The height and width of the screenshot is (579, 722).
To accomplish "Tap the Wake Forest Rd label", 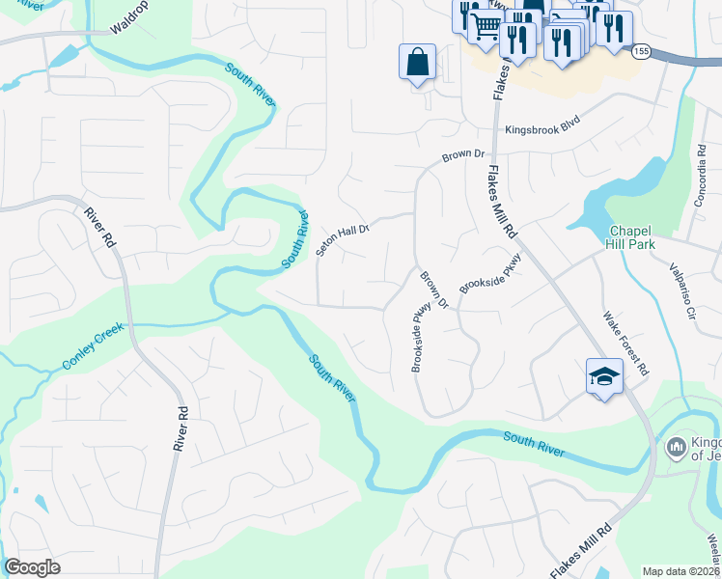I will (x=626, y=342).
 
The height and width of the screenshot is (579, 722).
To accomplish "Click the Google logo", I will (x=32, y=567).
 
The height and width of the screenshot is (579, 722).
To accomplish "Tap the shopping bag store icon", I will (x=417, y=62).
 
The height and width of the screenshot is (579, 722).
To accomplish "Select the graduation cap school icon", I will (x=604, y=376).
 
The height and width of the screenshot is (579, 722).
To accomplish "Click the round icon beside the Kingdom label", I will (x=676, y=447).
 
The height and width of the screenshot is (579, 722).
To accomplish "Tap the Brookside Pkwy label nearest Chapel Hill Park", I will (x=489, y=274).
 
